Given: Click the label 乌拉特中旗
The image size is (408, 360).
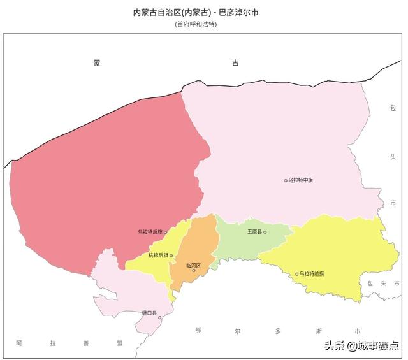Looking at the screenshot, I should [301, 180].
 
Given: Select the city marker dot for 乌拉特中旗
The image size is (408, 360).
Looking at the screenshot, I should [286, 180].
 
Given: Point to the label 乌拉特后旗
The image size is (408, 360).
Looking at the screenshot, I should [150, 233].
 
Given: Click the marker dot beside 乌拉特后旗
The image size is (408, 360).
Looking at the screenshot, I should [166, 233].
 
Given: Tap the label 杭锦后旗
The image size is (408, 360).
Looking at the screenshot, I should [158, 256].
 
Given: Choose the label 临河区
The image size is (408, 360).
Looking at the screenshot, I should [193, 265].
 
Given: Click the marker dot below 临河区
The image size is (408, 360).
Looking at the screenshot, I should [194, 271].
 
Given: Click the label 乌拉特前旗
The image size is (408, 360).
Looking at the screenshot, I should [312, 274].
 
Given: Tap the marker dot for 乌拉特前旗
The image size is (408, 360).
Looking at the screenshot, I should [296, 274].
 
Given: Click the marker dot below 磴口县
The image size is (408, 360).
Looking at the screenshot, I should [159, 317].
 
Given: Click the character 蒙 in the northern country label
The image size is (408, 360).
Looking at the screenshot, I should [96, 63].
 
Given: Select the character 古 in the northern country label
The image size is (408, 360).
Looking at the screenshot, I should [235, 63].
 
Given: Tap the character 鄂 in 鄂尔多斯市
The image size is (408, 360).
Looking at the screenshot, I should [199, 330].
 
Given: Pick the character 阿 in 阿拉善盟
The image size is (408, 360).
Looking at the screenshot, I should [19, 343].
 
